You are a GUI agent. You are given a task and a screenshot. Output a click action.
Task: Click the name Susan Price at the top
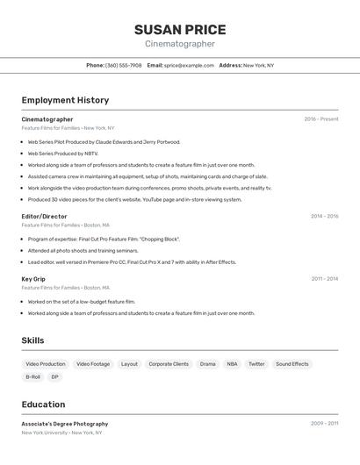(x=179, y=29)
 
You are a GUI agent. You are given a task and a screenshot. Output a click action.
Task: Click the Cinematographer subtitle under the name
(x=179, y=44)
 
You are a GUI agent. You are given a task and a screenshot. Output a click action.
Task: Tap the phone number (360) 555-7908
(x=123, y=65)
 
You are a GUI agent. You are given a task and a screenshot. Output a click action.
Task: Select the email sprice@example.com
(x=189, y=65)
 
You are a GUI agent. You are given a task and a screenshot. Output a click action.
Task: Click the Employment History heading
(x=65, y=100)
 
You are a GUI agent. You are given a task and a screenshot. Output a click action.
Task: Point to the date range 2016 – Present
(x=320, y=119)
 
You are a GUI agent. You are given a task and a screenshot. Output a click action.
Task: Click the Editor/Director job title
(x=44, y=216)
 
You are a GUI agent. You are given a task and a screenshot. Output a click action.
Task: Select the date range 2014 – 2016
(x=324, y=216)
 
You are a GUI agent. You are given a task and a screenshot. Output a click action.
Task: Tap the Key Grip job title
(x=33, y=279)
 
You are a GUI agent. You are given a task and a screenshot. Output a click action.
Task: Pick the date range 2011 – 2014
(x=324, y=279)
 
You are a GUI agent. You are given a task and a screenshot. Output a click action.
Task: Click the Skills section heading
(x=32, y=340)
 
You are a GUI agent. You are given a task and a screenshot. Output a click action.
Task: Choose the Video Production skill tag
(x=46, y=363)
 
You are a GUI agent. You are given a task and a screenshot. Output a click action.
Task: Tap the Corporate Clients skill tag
(x=169, y=363)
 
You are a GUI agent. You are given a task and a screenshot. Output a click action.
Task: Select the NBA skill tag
(x=232, y=363)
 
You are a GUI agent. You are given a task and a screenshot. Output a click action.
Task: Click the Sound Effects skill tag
(x=292, y=363)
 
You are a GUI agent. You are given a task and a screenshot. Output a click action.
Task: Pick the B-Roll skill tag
(x=33, y=377)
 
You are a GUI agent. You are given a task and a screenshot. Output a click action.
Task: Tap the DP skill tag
(x=54, y=377)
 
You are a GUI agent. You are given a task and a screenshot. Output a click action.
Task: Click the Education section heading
(x=43, y=404)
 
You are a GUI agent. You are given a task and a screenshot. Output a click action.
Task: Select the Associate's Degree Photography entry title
(x=65, y=424)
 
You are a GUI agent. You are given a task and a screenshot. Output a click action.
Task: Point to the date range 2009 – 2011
(x=324, y=424)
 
